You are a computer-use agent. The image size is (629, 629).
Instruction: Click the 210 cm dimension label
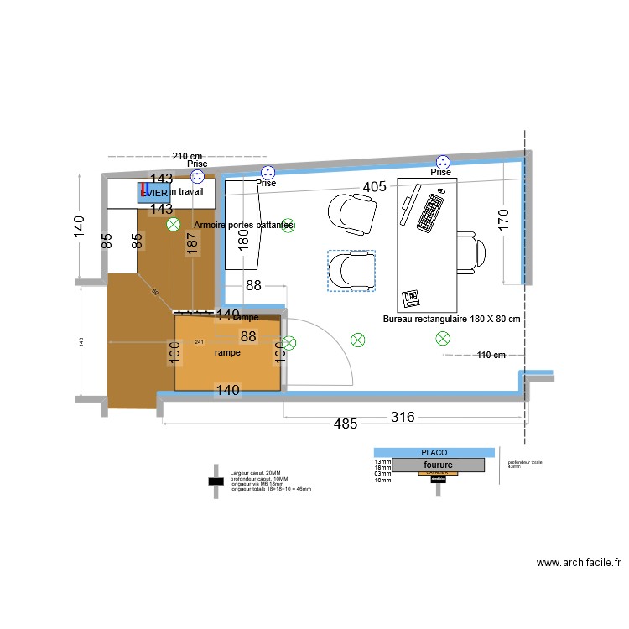tap(188, 156)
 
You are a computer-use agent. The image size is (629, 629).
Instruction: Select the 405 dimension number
tap(375, 187)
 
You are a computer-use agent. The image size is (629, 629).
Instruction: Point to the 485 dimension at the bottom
tap(345, 425)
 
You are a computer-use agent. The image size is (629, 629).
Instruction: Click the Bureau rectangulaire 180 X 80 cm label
tap(452, 320)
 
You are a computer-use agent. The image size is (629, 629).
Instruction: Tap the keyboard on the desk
tap(431, 212)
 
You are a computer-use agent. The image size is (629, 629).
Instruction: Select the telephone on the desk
tap(411, 298)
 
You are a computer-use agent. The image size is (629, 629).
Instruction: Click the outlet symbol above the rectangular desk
tap(442, 162)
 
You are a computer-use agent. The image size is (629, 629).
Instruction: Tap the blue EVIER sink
tap(154, 192)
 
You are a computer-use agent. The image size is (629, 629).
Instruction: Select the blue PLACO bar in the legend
tap(434, 452)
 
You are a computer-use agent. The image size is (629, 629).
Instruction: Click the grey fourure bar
tap(438, 464)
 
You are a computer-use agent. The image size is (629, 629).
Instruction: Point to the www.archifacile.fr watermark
tap(578, 564)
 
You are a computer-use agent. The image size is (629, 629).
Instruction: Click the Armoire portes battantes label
tap(243, 226)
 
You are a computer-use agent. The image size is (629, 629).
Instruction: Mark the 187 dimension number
tap(192, 243)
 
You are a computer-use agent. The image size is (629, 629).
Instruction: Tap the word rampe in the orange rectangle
tap(227, 353)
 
